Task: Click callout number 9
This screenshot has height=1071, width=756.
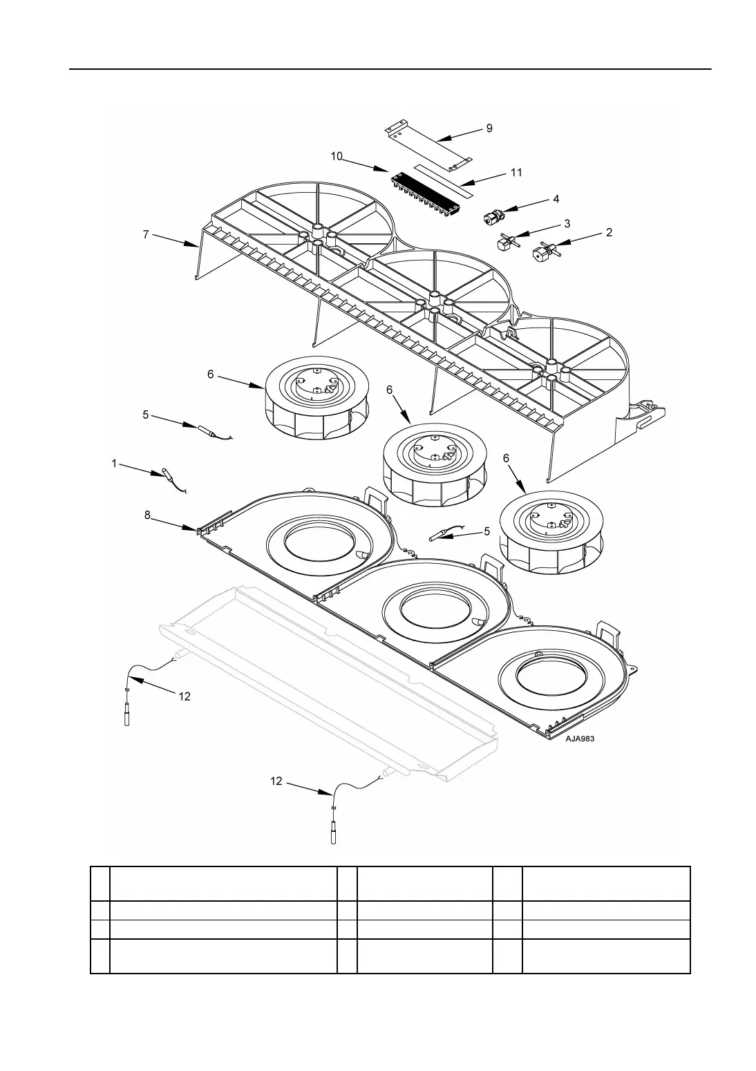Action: (489, 129)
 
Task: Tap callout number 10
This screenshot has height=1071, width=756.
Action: (337, 156)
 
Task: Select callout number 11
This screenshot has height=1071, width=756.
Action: (516, 173)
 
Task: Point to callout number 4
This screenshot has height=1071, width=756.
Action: (556, 199)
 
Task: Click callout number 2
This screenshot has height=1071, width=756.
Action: (609, 233)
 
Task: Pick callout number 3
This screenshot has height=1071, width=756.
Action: (567, 223)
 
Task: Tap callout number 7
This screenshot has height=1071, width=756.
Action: (146, 234)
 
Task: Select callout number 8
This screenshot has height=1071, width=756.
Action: (148, 515)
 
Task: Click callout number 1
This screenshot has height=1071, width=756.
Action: (114, 464)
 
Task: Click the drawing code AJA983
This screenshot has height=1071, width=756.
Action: (580, 738)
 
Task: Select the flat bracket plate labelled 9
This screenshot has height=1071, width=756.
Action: (428, 146)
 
